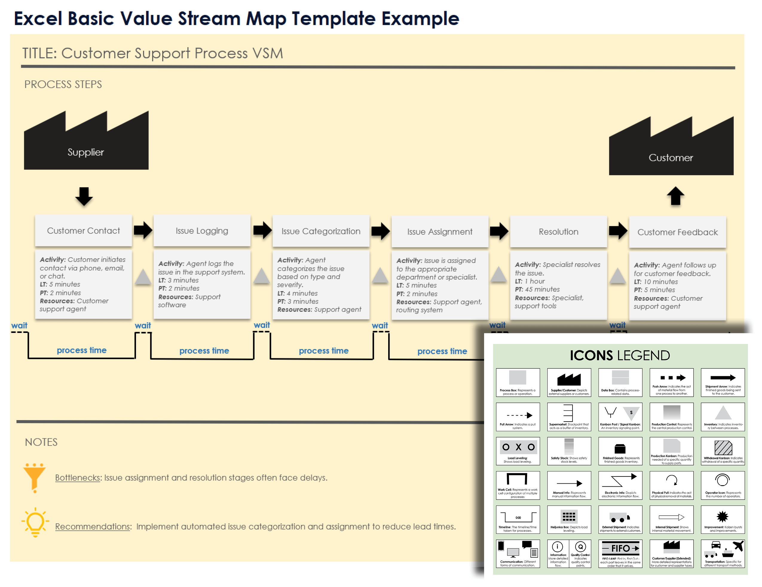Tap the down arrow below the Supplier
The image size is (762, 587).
tap(84, 196)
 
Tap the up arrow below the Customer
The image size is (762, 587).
tap(675, 196)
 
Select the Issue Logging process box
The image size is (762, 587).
tap(202, 231)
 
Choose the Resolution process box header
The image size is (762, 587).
tap(558, 232)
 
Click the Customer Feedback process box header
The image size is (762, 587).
tap(677, 232)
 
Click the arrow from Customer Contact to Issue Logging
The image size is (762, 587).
tap(143, 230)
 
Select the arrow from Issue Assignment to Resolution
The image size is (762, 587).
tap(499, 231)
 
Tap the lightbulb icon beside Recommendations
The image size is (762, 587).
tap(35, 522)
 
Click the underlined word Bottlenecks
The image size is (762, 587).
tap(78, 477)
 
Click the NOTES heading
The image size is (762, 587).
tap(41, 442)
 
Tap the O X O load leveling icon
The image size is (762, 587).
tap(518, 447)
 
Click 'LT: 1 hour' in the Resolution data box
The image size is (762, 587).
tap(530, 281)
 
